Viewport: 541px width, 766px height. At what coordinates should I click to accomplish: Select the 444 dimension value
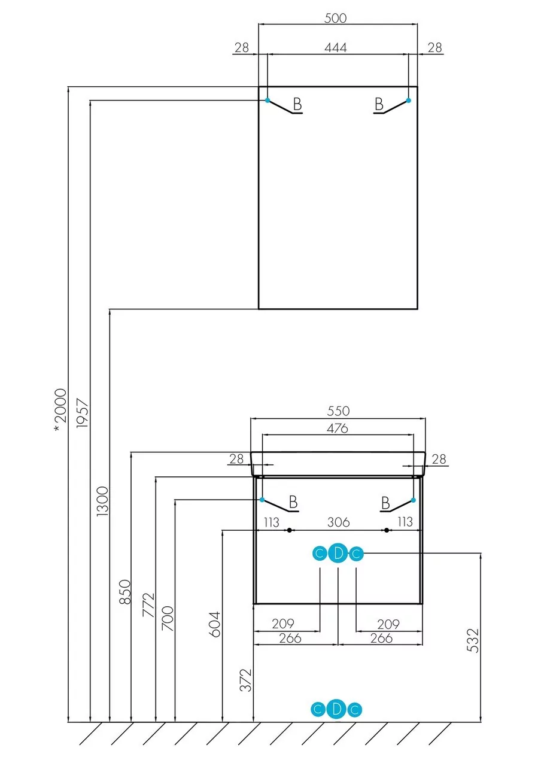(x=337, y=48)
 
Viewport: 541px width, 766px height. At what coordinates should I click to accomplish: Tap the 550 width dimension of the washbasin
(x=338, y=411)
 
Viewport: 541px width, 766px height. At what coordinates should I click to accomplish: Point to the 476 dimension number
(x=337, y=428)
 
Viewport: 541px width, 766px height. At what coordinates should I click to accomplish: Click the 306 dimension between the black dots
(x=338, y=522)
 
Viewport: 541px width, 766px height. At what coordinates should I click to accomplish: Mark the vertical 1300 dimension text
(x=102, y=503)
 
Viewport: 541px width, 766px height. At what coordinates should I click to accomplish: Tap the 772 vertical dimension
(x=148, y=605)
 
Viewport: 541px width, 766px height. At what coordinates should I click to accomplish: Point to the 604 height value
(x=215, y=623)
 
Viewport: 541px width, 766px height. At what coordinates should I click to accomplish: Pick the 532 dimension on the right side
(x=473, y=640)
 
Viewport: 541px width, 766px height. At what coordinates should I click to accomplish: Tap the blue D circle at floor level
(x=337, y=710)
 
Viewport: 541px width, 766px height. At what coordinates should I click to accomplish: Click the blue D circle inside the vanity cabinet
(x=338, y=554)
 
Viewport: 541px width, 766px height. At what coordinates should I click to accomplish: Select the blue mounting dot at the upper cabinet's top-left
(x=268, y=100)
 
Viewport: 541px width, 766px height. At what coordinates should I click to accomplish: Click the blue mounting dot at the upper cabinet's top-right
(x=409, y=100)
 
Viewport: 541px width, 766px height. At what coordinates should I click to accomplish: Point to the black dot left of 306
(x=289, y=530)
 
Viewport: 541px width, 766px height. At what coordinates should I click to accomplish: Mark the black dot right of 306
(x=387, y=530)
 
